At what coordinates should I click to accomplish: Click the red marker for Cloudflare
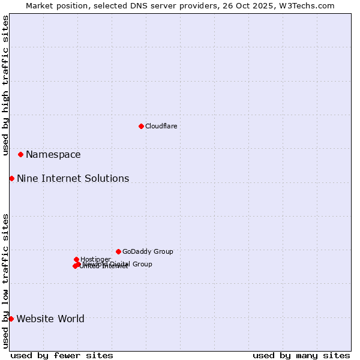141,126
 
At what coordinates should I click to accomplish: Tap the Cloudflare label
161,126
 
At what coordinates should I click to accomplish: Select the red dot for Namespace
20,154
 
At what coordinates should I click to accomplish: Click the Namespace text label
53,155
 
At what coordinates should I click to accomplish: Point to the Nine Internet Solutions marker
11,178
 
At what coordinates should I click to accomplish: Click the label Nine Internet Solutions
73,179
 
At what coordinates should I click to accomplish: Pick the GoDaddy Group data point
118,251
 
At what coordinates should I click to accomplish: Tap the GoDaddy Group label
148,252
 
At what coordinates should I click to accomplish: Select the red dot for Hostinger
76,259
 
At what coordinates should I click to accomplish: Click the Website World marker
11,319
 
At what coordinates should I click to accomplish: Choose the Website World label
50,319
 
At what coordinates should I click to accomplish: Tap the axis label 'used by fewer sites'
62,355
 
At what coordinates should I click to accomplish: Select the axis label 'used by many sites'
301,355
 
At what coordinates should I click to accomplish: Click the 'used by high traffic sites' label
6,85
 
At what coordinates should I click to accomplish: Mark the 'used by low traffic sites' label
6,280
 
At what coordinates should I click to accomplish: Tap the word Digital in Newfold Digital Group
122,264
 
